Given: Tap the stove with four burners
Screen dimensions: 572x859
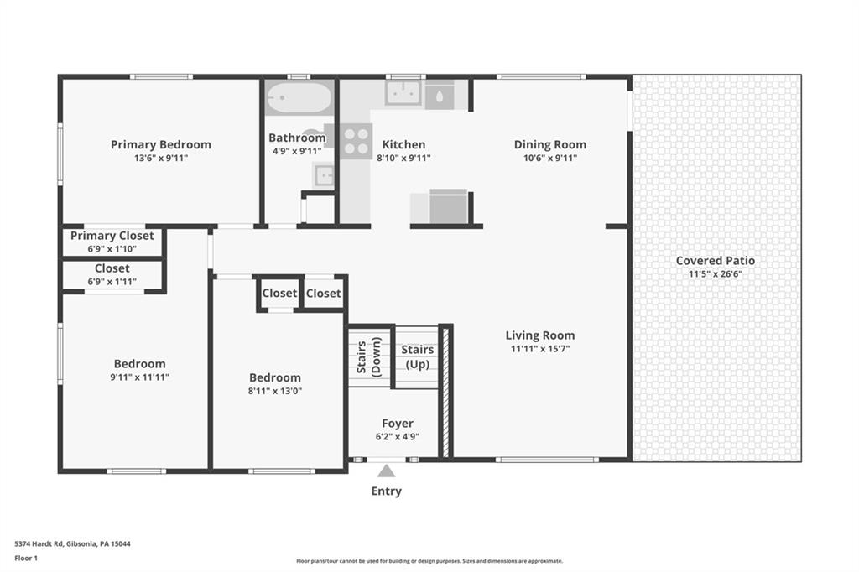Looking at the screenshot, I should click(x=356, y=141).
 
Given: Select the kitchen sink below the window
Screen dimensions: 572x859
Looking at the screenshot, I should click(x=403, y=93).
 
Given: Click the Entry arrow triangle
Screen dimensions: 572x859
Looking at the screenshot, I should click(x=386, y=471).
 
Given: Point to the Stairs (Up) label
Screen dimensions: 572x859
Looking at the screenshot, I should click(x=417, y=356).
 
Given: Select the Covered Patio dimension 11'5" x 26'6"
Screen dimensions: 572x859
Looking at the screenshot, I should click(x=716, y=273).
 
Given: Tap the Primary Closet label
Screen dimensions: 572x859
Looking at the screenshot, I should click(x=112, y=236).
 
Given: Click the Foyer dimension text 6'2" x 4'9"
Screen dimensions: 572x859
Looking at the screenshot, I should click(x=397, y=436).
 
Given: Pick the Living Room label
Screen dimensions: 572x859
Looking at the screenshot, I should click(x=539, y=335).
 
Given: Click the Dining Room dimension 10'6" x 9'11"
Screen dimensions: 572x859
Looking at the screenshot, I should click(x=549, y=157).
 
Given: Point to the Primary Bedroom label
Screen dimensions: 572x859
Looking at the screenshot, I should click(x=160, y=144).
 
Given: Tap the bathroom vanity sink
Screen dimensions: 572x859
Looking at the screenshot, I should click(x=324, y=175).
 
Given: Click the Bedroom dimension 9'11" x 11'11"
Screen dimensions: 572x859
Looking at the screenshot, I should click(x=139, y=377).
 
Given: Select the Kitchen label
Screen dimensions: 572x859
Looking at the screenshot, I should click(x=403, y=144).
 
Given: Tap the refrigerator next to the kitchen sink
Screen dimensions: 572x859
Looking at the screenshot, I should click(x=440, y=96).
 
